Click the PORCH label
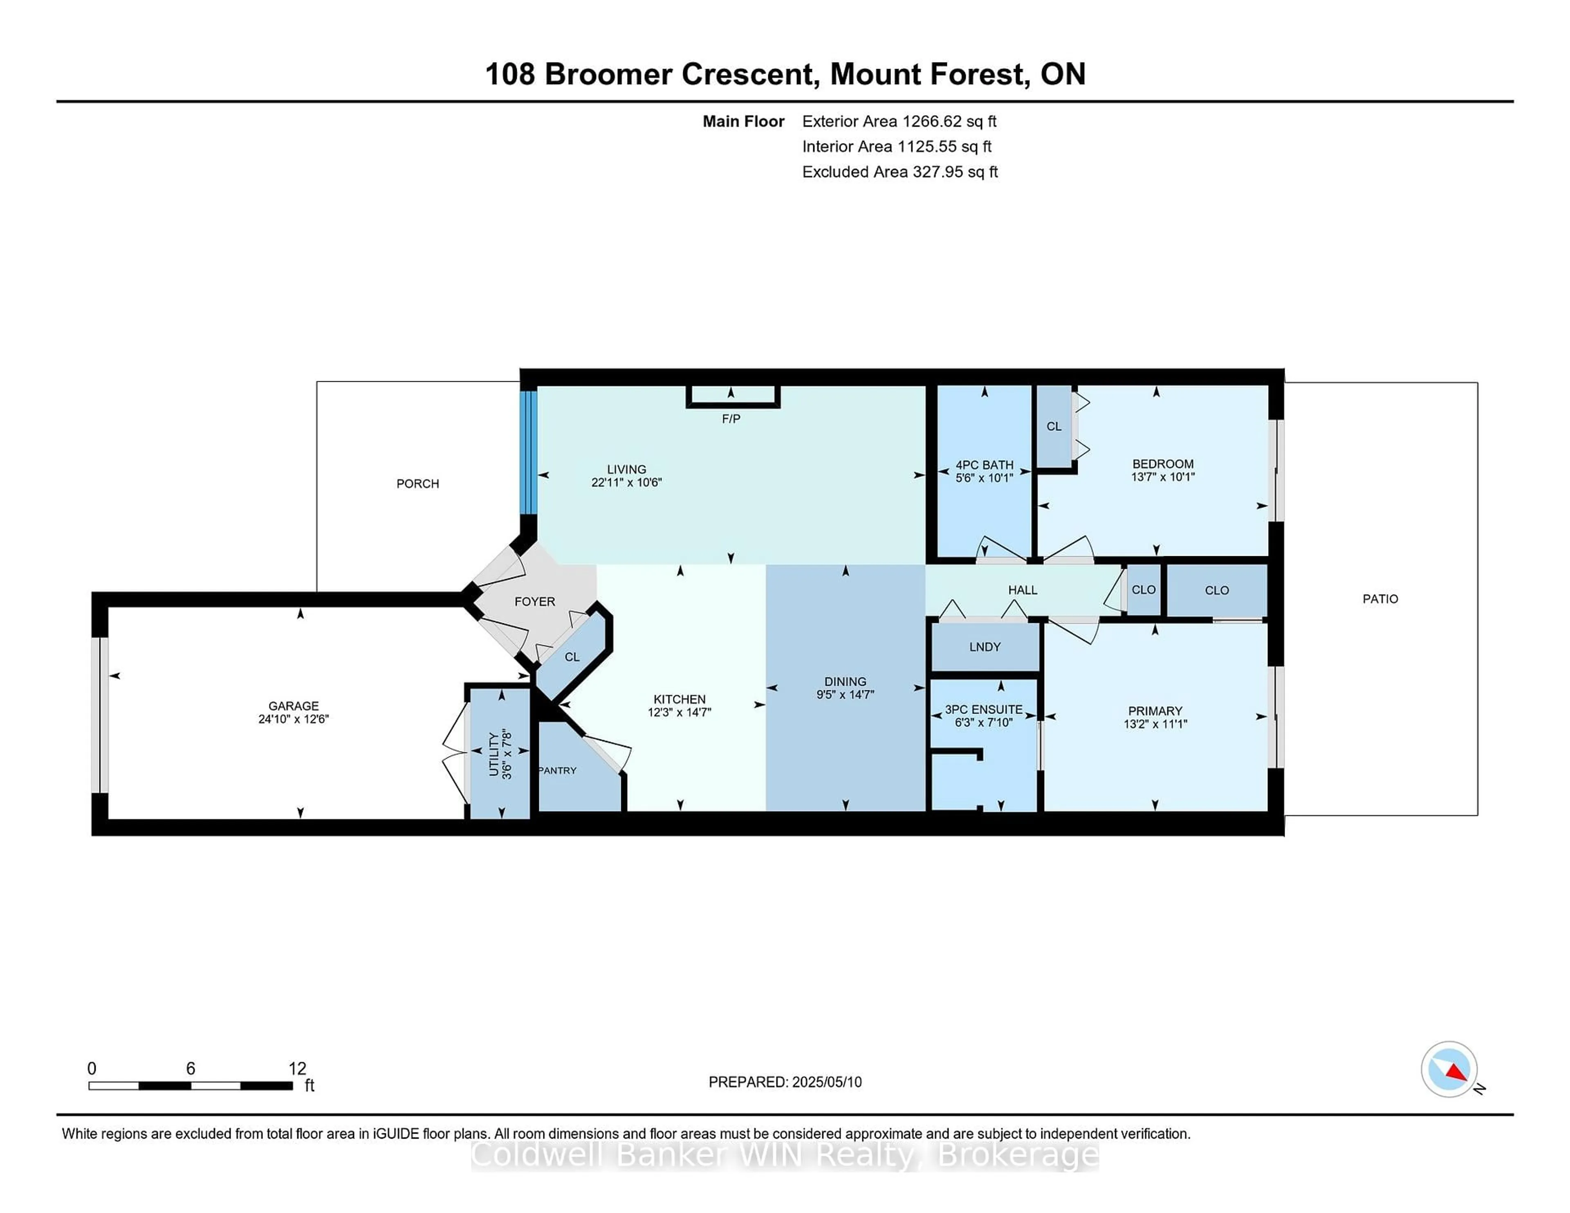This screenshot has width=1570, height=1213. [418, 483]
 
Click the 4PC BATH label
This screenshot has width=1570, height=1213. [984, 465]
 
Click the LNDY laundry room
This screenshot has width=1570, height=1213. [985, 647]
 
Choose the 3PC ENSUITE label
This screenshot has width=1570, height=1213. [983, 709]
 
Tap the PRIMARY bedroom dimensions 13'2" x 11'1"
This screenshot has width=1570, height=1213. [1155, 724]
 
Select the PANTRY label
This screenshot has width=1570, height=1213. [558, 770]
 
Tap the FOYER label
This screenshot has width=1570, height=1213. [535, 602]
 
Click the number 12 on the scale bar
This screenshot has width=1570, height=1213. [297, 1069]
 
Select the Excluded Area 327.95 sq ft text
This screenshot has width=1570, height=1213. [899, 172]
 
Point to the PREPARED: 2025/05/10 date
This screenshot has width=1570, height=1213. [785, 1082]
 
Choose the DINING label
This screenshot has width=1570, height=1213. [846, 681]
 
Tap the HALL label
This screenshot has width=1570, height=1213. [1022, 590]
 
